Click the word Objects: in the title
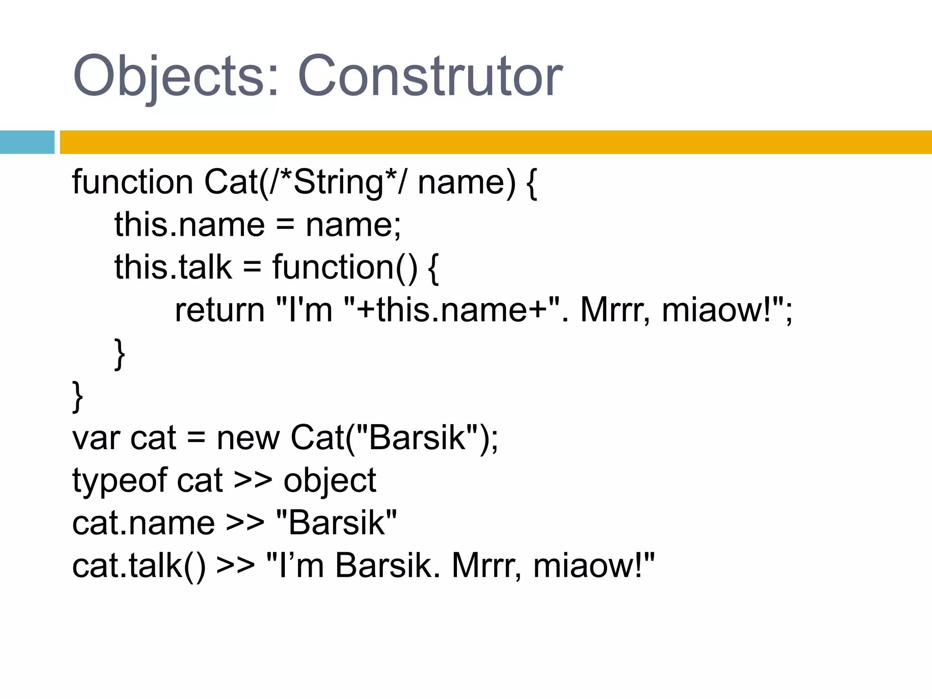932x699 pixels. [176, 76]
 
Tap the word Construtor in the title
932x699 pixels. [430, 76]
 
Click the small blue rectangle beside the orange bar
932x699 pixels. [27, 142]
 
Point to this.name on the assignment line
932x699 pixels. [189, 225]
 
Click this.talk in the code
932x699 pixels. [173, 267]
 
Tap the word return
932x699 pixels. [220, 310]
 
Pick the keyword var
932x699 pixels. [96, 438]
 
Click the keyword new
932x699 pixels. [248, 438]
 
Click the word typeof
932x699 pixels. [120, 481]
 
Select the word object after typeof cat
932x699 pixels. [330, 481]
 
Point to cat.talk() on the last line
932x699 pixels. [139, 566]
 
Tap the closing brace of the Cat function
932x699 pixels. [78, 396]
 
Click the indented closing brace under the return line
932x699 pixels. [120, 354]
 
